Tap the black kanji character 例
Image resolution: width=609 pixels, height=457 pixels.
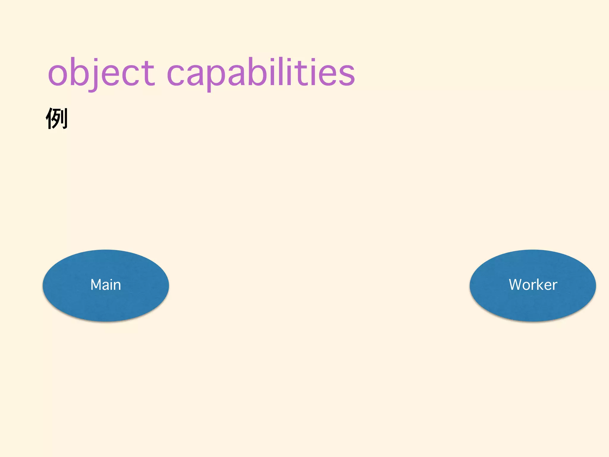(x=57, y=118)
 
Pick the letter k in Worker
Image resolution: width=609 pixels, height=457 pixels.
(x=539, y=284)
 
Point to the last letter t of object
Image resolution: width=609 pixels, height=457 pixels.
(x=149, y=73)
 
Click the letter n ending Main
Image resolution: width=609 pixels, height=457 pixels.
(x=117, y=286)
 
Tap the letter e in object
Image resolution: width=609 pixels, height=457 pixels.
(x=111, y=74)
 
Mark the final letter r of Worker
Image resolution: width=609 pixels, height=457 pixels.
(x=555, y=286)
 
